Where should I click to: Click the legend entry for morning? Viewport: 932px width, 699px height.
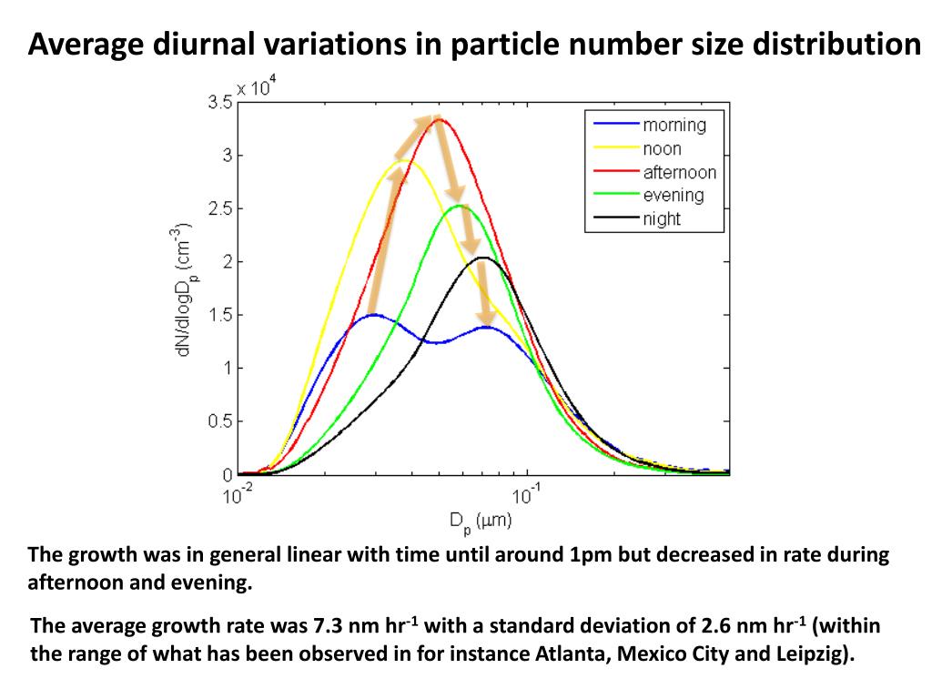pos(674,126)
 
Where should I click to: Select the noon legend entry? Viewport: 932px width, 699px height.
pos(662,149)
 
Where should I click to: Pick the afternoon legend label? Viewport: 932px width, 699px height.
pos(679,173)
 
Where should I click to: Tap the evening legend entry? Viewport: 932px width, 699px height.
pos(673,196)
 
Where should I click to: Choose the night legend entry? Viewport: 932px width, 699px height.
pos(662,219)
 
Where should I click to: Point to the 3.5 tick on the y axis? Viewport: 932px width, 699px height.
pos(218,103)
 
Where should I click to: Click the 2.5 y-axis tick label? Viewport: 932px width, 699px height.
pos(218,209)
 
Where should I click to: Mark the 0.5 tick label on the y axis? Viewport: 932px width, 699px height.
pos(218,421)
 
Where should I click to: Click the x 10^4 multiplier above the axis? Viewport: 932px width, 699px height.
pos(257,87)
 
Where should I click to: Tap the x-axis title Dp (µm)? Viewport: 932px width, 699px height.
pos(480,522)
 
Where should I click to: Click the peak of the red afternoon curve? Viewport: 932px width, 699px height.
pos(440,119)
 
